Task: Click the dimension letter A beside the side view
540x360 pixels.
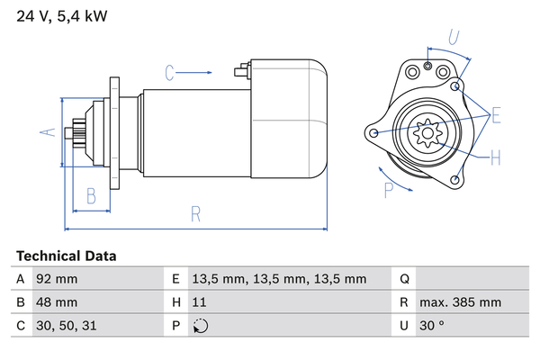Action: click(49, 132)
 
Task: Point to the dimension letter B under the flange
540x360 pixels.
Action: click(91, 195)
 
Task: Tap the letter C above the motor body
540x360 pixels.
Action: click(169, 72)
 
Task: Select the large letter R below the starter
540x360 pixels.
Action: click(195, 214)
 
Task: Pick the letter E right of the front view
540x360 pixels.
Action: click(496, 115)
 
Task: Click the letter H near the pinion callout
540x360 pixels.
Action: click(496, 158)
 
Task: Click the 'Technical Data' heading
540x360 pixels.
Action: click(66, 256)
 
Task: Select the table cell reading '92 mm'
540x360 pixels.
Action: click(56, 279)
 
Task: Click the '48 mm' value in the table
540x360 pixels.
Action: click(56, 302)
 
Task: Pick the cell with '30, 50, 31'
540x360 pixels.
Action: click(64, 326)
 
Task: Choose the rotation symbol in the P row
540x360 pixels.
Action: click(201, 326)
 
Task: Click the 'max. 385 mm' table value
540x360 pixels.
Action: click(463, 302)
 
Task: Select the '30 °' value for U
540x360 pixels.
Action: click(434, 326)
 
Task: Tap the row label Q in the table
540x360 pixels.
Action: click(404, 279)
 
